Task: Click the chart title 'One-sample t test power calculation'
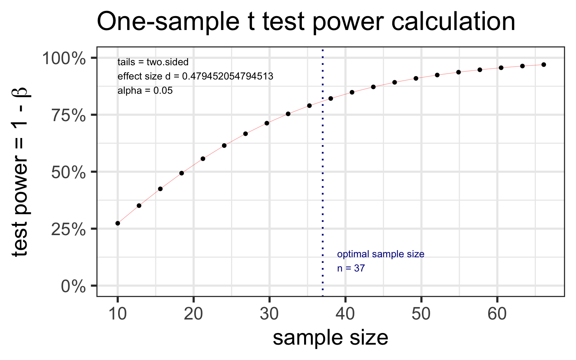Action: (x=306, y=22)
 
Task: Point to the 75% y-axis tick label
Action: (x=69, y=115)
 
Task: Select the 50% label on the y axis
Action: (x=69, y=172)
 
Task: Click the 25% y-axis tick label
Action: (x=69, y=229)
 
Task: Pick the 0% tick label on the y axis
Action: (x=73, y=286)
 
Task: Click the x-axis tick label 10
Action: (x=117, y=314)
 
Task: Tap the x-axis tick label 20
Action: (x=193, y=314)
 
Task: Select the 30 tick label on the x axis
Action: (x=269, y=314)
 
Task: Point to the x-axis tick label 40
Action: (x=345, y=314)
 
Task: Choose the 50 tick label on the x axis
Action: (x=421, y=314)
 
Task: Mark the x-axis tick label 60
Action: (x=497, y=314)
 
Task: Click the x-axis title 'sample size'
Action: (x=330, y=338)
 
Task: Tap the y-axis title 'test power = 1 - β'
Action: (x=20, y=172)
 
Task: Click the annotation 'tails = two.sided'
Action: (x=153, y=62)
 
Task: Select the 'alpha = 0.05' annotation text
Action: (x=145, y=91)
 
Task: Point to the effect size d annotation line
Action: (x=195, y=76)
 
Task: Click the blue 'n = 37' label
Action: (x=351, y=268)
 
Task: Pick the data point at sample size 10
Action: (x=118, y=223)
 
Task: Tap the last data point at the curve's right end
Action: (x=544, y=64)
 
